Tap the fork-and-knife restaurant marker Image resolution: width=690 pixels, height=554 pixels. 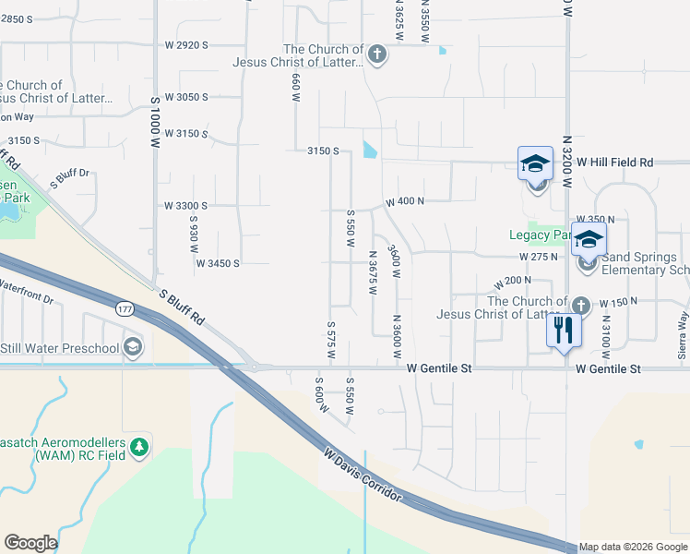[x=564, y=330]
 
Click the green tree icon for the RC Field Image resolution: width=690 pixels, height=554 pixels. [x=139, y=447]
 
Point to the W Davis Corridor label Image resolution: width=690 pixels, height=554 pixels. [x=363, y=475]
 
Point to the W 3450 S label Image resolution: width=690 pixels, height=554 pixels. [x=217, y=263]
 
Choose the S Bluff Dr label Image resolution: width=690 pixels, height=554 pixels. [x=69, y=178]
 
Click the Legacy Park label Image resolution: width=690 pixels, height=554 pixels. [x=541, y=235]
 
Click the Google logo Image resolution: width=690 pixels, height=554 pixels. [x=30, y=543]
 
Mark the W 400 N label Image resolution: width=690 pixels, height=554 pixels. [x=404, y=200]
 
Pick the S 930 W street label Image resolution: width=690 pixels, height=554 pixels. [x=195, y=236]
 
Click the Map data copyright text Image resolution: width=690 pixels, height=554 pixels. [x=634, y=548]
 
